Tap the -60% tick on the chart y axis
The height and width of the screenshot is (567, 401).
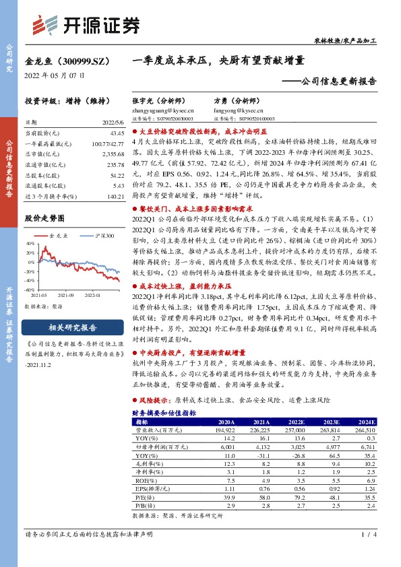tap(30, 290)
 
